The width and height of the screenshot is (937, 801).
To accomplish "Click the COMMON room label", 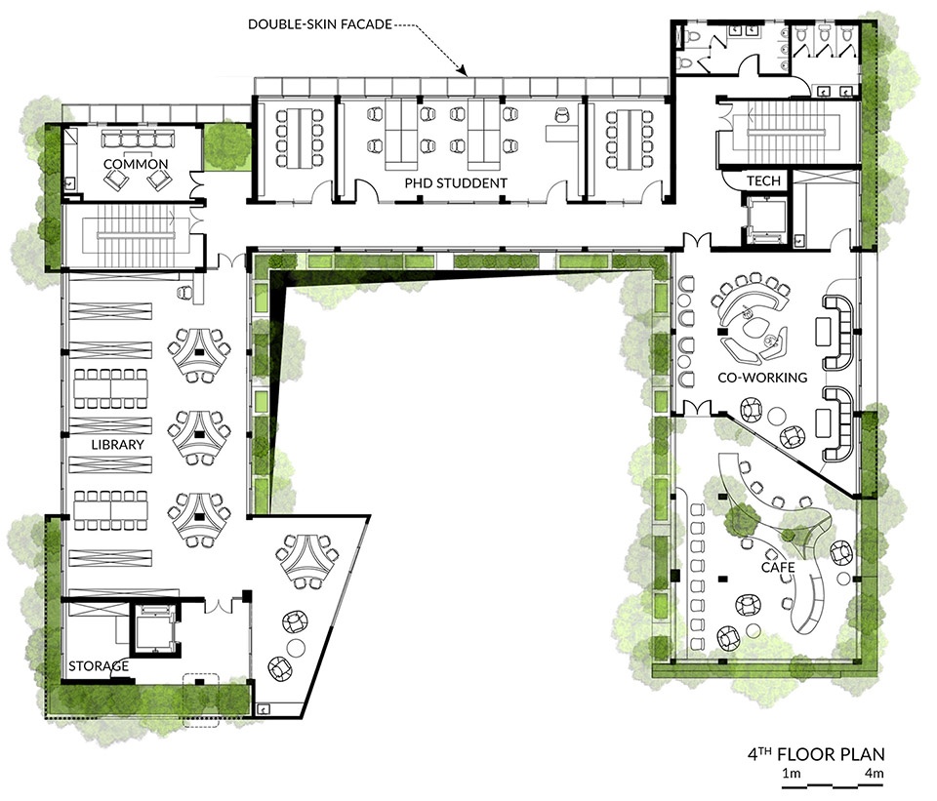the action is [136, 164].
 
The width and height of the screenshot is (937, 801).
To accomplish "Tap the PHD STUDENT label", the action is [456, 183].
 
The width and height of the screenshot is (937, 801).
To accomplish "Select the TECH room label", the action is [763, 180].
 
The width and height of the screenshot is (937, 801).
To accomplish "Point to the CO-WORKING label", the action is [762, 378].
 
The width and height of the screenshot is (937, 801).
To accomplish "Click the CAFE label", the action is [778, 567].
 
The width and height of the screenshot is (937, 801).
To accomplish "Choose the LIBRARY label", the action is [118, 444].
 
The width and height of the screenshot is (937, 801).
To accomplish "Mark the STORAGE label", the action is [99, 666].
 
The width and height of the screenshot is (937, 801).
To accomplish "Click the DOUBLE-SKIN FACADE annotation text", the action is [320, 24].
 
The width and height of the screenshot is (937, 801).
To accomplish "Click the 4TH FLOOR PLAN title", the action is [816, 754].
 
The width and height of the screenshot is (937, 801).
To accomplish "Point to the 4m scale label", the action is [874, 774].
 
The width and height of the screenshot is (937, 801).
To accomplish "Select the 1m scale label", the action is [792, 774].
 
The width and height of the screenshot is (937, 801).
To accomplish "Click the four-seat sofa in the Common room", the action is [138, 140].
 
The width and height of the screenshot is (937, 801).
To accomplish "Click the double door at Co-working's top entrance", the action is [697, 240].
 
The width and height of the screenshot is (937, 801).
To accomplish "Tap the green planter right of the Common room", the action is [226, 147].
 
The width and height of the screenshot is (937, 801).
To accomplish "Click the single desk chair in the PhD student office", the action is [562, 114].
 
